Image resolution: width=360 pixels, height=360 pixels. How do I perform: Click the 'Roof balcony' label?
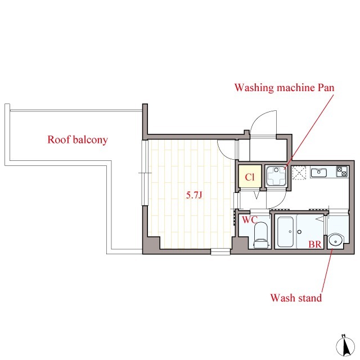tap(78, 139)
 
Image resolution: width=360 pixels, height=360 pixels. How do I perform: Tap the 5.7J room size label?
tap(194, 195)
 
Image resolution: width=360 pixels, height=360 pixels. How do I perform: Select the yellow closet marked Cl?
tap(250, 176)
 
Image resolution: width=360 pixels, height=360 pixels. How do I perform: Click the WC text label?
tap(250, 220)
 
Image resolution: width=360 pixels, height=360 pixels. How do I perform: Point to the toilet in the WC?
tap(261, 235)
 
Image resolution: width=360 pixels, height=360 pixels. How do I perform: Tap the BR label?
tap(315, 244)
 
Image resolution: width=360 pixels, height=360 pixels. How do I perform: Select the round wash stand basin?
tap(336, 241)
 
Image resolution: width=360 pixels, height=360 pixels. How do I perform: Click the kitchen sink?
tap(319, 173)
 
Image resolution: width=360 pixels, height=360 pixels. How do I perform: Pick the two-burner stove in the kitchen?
tap(342, 172)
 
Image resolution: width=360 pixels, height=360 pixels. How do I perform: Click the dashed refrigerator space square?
tap(299, 173)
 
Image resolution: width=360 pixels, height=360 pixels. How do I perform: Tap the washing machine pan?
tap(276, 176)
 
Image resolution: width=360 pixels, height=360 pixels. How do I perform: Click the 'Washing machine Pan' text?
tap(284, 88)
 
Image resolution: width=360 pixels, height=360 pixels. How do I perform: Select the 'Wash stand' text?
tap(296, 298)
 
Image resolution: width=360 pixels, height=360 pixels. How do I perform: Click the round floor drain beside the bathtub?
tap(299, 232)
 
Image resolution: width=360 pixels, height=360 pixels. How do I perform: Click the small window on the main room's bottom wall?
tap(220, 251)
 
